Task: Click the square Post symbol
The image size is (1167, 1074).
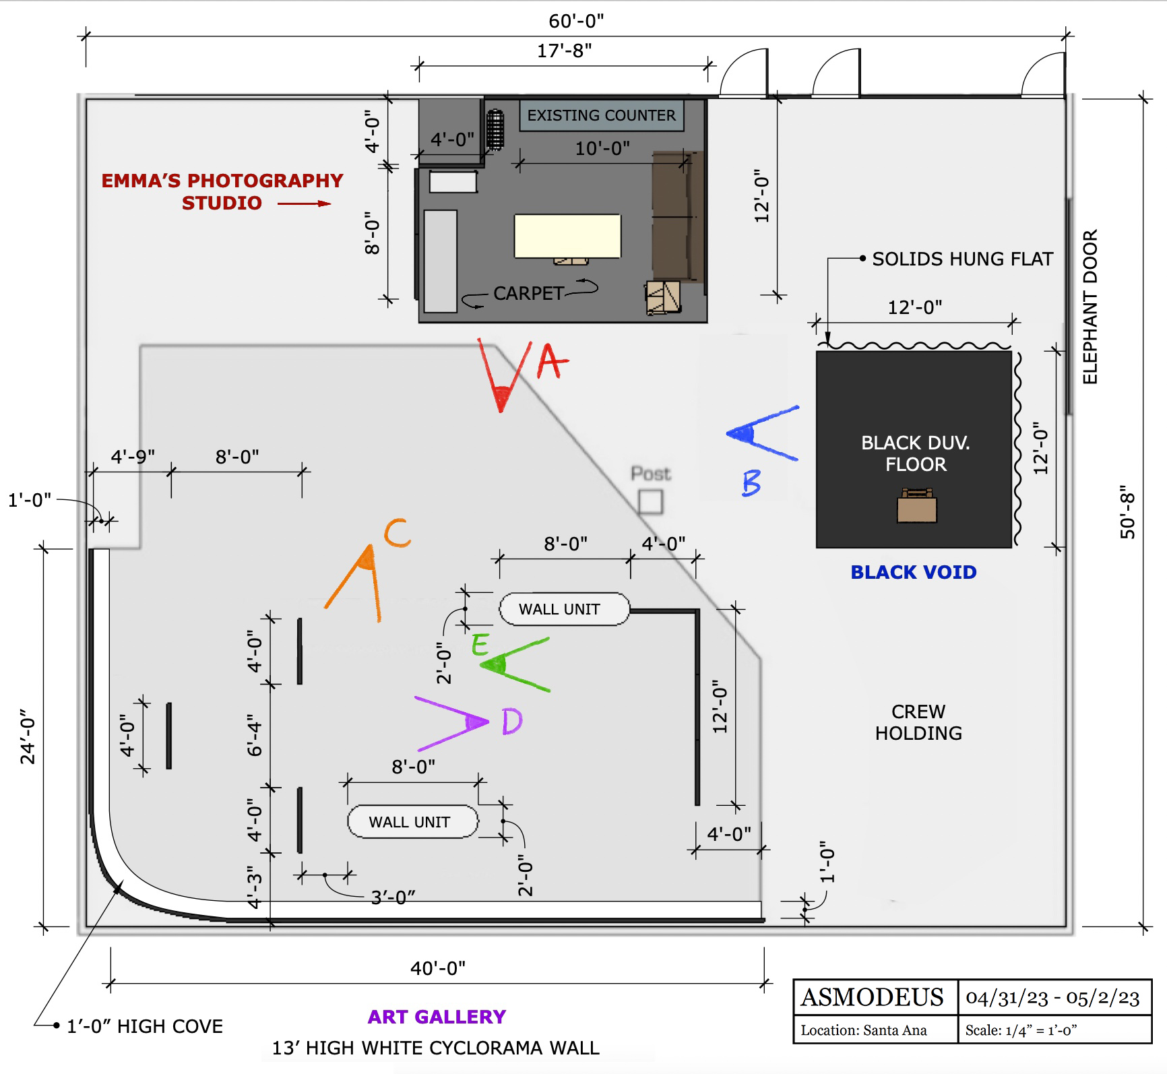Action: [650, 502]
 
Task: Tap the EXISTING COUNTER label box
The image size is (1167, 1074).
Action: [601, 115]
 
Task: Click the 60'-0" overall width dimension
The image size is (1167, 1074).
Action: [576, 21]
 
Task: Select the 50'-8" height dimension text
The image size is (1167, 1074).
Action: [1128, 512]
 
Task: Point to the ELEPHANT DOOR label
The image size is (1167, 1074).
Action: [1090, 307]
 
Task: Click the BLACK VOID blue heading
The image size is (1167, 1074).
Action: [913, 572]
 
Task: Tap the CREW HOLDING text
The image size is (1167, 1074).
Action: [918, 722]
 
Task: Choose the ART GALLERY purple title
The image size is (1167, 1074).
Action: [437, 1017]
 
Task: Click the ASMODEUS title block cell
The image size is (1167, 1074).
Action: [873, 997]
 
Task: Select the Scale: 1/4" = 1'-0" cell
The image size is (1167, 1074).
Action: [1021, 1030]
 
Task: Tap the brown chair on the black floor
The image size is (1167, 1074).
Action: [916, 507]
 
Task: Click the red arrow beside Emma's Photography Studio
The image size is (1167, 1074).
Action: [304, 203]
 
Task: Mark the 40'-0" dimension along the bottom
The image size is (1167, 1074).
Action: [438, 968]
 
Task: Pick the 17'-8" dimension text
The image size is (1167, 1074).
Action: [564, 51]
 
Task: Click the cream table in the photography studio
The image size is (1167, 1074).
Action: [567, 236]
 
